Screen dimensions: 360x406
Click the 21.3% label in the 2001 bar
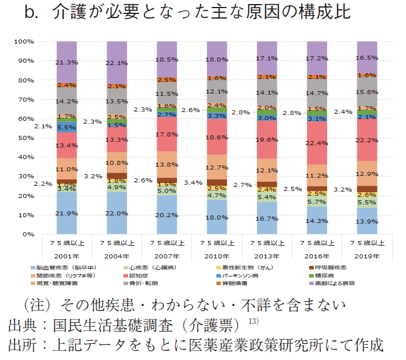tap(67, 62)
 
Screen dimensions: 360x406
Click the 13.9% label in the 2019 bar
tap(368, 221)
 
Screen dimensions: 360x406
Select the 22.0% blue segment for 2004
tap(117, 213)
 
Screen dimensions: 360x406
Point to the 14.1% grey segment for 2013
tap(268, 92)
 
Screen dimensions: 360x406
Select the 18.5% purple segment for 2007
tap(167, 60)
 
